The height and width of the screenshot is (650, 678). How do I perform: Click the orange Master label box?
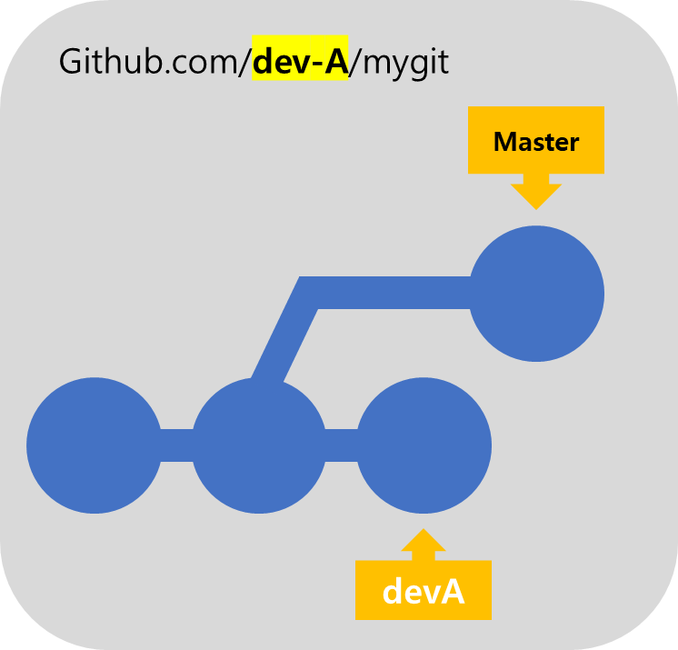536,141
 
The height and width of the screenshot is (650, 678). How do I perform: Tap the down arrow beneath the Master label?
536,193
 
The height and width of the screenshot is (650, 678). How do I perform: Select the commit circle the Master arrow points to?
536,294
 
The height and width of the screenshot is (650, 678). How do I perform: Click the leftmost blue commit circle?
95,445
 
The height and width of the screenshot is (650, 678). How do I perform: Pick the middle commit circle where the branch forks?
259,445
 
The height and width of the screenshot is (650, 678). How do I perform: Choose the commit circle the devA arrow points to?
424,445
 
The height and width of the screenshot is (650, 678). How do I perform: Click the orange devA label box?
424,591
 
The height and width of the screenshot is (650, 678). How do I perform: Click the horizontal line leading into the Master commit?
391,293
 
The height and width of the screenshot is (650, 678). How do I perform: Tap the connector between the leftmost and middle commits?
176,445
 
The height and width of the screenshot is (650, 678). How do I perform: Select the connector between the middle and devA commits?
342,445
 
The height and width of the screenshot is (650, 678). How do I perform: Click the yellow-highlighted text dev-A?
300,63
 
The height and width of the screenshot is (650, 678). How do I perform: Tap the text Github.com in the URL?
150,63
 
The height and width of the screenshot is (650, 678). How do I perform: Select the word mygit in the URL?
407,64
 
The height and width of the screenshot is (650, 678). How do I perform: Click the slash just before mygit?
357,63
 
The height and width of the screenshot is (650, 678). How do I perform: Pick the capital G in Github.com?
71,63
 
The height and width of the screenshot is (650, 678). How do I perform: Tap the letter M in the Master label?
504,142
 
